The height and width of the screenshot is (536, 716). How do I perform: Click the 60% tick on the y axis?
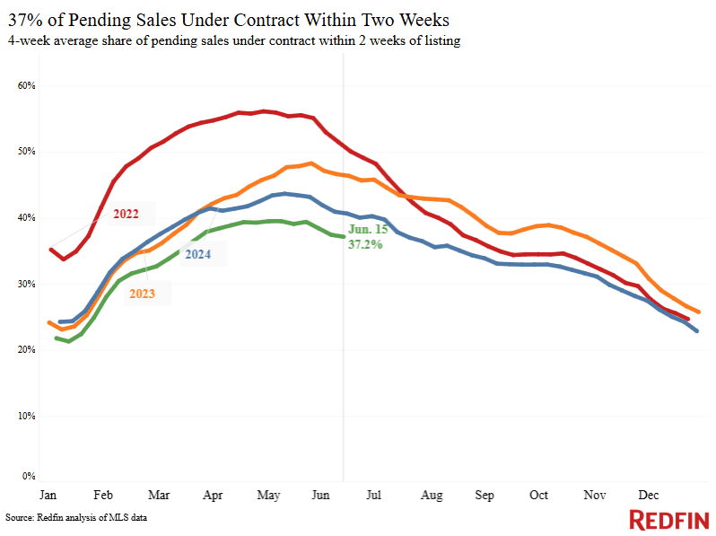coord(25,85)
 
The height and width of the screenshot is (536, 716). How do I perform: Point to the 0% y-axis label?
coord(28,477)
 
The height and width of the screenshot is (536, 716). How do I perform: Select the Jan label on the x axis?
coord(48,495)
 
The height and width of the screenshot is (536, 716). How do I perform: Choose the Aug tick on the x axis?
coord(432,495)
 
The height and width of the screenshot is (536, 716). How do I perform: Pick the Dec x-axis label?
coord(648,495)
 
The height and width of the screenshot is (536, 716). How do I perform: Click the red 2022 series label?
coord(127,215)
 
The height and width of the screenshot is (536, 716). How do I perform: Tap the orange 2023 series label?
coord(143,293)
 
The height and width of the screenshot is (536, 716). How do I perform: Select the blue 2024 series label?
coord(198,254)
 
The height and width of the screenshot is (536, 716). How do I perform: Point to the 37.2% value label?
coord(365,243)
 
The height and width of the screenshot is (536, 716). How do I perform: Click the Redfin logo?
coord(668,520)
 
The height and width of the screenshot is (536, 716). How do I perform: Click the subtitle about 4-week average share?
coord(233,41)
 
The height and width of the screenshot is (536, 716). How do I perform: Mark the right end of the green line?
coord(343,237)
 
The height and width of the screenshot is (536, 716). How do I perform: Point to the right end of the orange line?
coord(698,312)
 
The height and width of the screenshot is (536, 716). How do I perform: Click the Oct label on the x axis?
coord(539,495)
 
